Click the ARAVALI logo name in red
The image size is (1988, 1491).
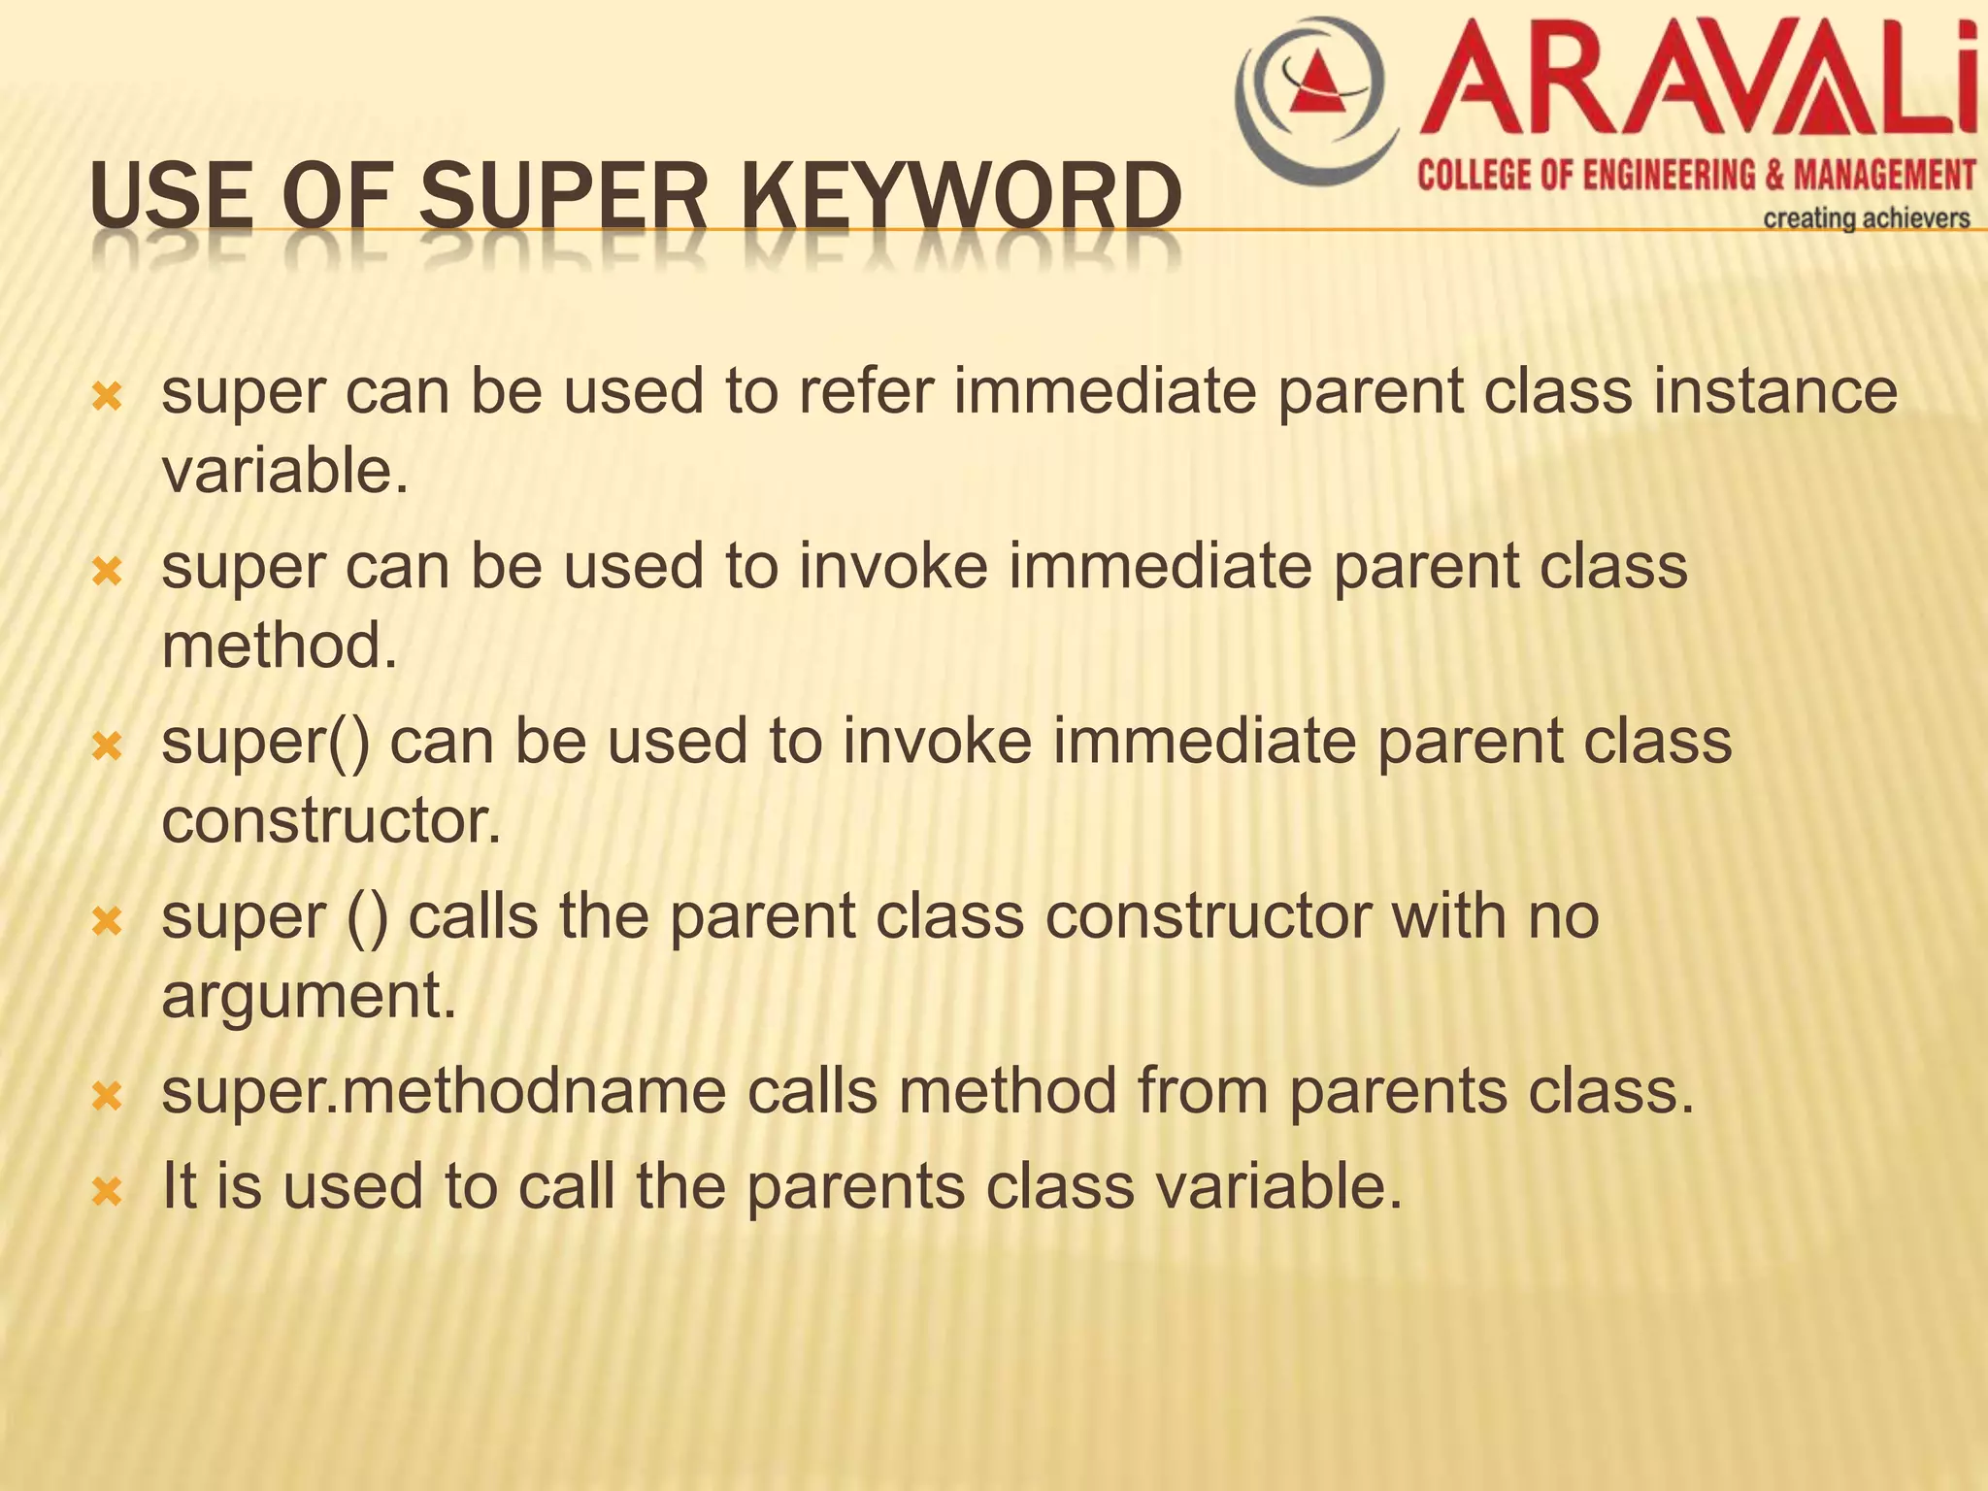1699,80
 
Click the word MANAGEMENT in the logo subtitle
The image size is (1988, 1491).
1883,176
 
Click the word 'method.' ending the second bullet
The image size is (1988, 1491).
280,646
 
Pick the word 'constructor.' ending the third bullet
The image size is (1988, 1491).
331,820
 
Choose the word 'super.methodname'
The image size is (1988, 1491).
444,1090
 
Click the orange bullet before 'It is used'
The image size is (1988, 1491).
106,1191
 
